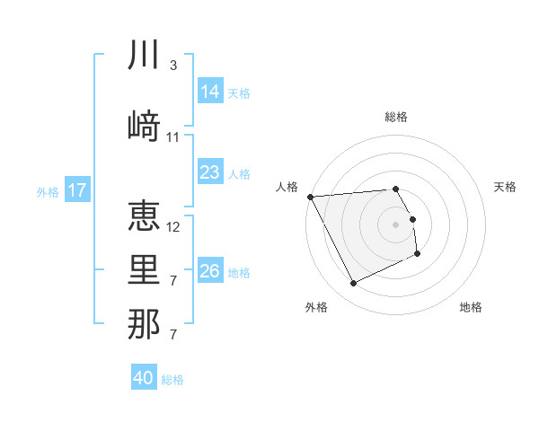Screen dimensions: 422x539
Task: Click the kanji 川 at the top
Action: tap(144, 56)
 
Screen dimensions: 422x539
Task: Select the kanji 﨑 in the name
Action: tap(144, 126)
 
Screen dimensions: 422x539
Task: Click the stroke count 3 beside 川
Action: tap(172, 66)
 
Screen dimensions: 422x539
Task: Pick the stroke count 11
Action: tap(173, 137)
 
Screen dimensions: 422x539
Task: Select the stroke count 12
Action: tap(173, 226)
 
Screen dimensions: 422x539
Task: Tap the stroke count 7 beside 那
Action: tap(172, 335)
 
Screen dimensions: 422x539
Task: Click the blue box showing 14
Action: tap(209, 92)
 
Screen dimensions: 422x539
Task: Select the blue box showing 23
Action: tap(209, 172)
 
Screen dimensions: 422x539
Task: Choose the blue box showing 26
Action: tap(209, 271)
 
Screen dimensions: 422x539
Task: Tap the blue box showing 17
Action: tap(77, 190)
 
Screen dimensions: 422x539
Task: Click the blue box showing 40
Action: tap(143, 378)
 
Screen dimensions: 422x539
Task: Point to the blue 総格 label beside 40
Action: tap(173, 380)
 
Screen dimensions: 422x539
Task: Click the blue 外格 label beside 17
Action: tap(48, 191)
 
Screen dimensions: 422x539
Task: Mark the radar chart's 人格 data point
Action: tap(310, 197)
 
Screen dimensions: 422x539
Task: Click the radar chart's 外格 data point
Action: tap(353, 284)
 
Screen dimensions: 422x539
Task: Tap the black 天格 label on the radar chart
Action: tap(506, 187)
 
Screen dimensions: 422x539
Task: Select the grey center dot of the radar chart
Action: tap(396, 224)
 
